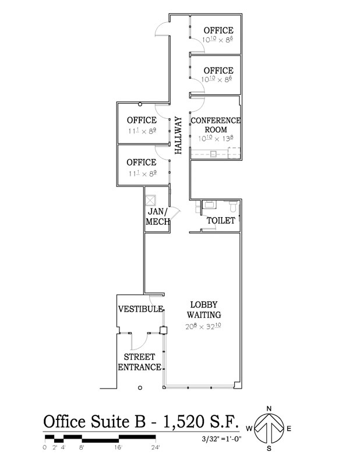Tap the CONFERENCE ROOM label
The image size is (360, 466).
click(x=216, y=125)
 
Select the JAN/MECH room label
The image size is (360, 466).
click(x=157, y=216)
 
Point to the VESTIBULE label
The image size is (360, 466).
click(x=140, y=309)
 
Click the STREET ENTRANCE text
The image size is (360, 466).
click(x=140, y=362)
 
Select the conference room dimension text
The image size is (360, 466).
click(x=216, y=139)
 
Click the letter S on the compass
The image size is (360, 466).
click(x=269, y=449)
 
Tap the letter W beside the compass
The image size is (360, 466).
click(x=249, y=429)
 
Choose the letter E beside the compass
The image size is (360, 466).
click(x=289, y=429)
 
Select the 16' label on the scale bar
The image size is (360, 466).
click(x=118, y=447)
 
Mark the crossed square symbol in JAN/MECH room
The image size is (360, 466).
click(x=151, y=199)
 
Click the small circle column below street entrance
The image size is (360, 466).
click(x=139, y=387)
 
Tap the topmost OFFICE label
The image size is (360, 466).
click(x=218, y=30)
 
